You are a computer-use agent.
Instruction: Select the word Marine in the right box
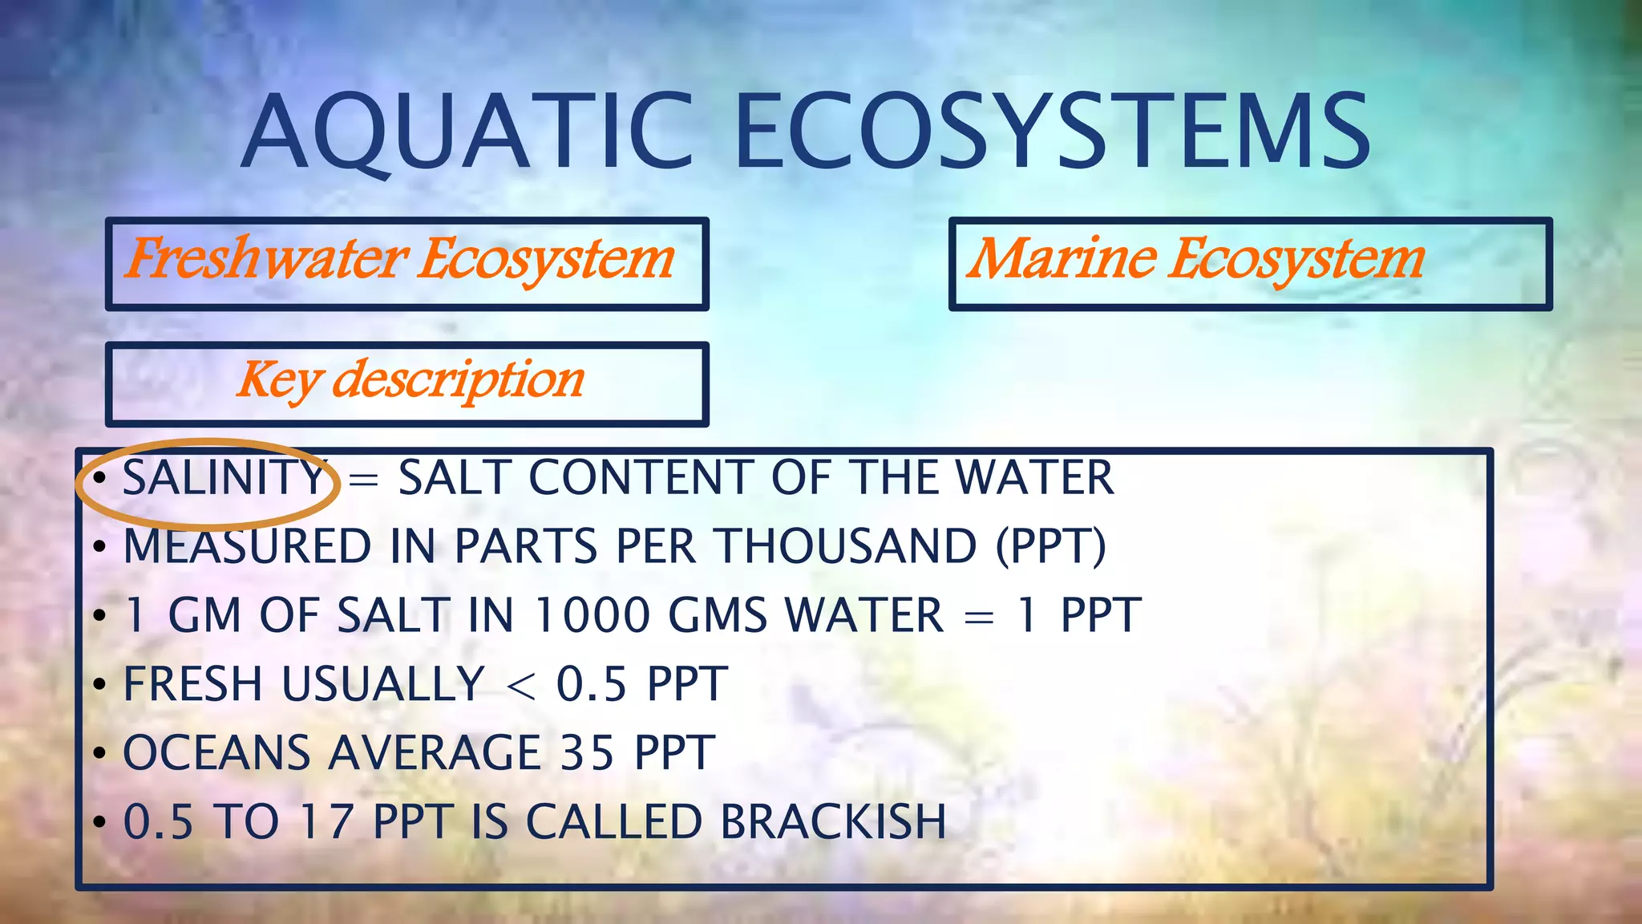coord(1062,260)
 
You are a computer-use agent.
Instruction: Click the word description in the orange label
coord(458,380)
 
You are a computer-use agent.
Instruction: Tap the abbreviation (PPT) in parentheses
coord(1050,548)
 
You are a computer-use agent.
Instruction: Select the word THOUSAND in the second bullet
coord(847,548)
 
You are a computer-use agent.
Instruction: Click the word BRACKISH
coord(833,823)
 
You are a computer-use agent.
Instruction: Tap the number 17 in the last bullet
coord(326,823)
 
